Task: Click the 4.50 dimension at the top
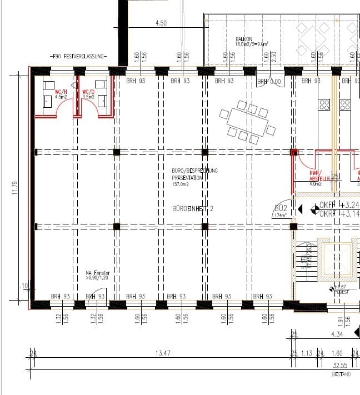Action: click(x=161, y=23)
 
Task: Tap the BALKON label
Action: click(x=244, y=39)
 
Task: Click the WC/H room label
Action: click(x=61, y=92)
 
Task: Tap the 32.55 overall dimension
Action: click(x=340, y=366)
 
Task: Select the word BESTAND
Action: click(x=341, y=374)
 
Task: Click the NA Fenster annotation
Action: click(x=98, y=273)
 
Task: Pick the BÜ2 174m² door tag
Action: click(x=281, y=211)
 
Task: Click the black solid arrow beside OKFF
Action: click(x=301, y=209)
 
